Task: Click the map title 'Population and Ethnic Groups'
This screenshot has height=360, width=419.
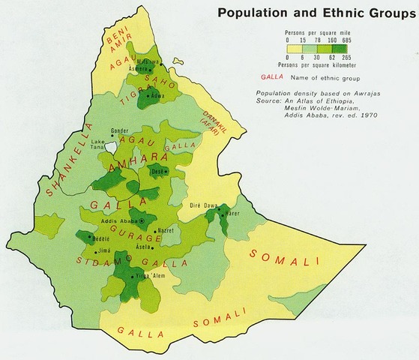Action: pos(314,13)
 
